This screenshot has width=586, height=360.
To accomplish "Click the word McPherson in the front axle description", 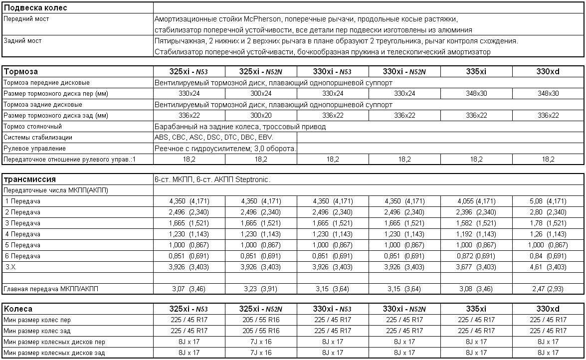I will point(264,19).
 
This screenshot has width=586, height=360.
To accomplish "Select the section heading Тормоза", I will point(20,72).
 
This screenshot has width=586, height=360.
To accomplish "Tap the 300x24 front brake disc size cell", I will point(261,94).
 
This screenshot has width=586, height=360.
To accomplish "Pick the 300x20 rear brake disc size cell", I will point(261,116).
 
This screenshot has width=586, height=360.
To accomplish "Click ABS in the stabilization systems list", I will point(162,138).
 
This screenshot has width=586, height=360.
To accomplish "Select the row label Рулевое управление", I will point(34,149).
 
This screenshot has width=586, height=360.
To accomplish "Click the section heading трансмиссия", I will point(29,180).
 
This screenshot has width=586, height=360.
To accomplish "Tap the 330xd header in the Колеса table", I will point(548,309).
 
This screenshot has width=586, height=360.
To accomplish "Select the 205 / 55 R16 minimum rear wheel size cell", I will point(261,331).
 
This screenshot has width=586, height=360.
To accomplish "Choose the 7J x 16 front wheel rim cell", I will point(261,342).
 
